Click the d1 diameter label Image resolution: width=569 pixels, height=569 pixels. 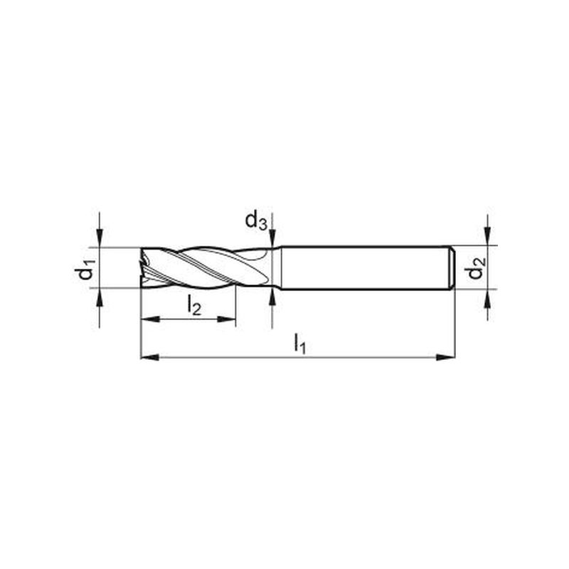pos(87,268)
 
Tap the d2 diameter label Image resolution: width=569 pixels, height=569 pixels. pos(476,268)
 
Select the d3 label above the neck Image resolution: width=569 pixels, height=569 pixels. pos(256,221)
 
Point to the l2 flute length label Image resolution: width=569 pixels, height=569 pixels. pos(194,306)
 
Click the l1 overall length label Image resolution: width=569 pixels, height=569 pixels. pos(299,344)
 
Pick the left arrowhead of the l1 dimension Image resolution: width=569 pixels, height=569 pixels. pos(150,358)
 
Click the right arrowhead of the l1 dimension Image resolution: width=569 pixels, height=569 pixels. pos(445,358)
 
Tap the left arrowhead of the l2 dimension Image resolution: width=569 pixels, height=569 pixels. pos(150,319)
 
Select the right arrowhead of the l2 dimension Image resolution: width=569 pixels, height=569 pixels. pos(226,319)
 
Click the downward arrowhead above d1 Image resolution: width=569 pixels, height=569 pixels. pos(100,238)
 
